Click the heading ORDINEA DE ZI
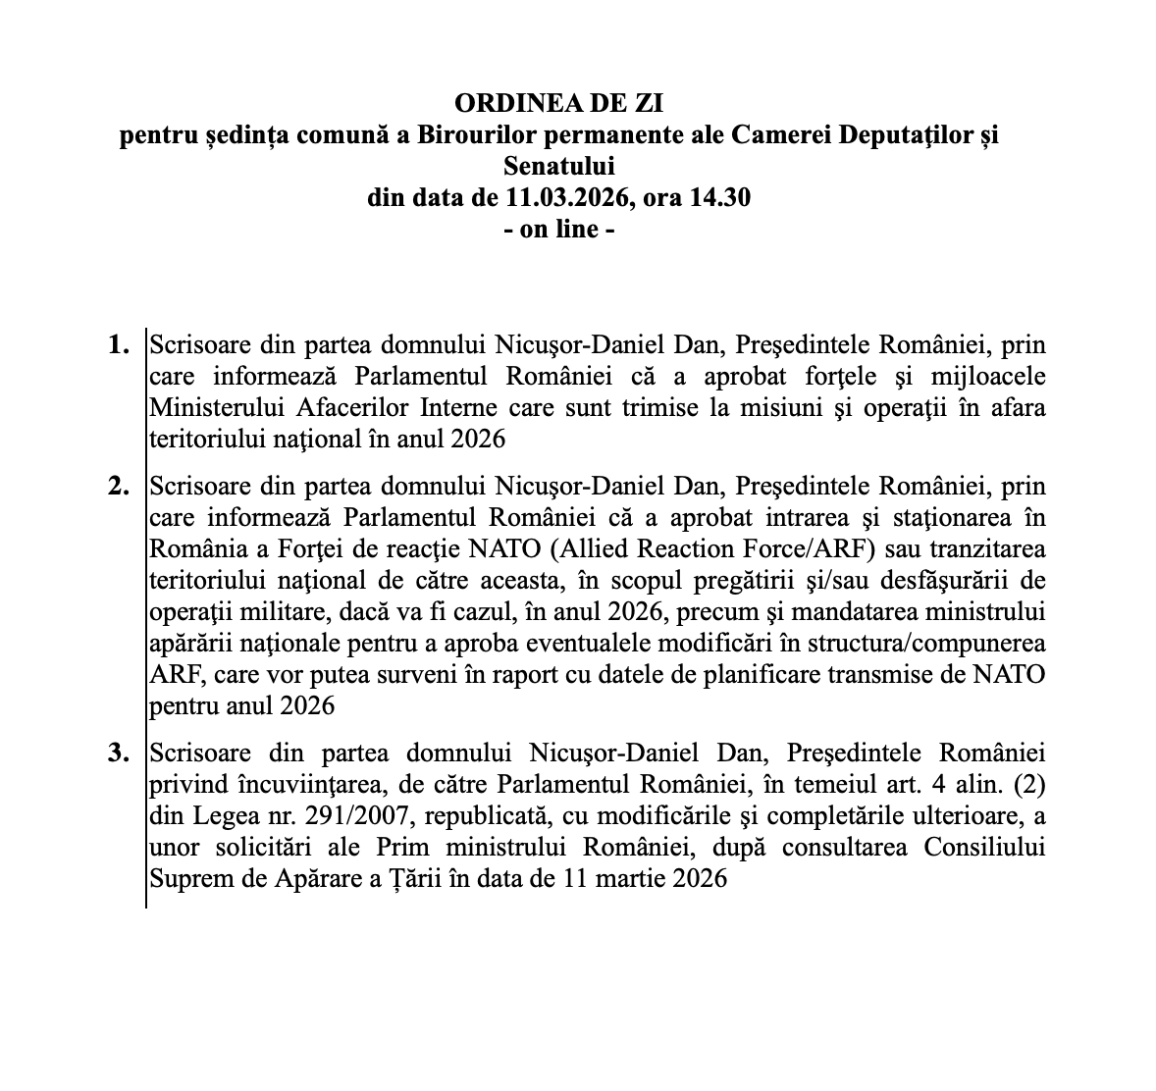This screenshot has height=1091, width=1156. pos(565,103)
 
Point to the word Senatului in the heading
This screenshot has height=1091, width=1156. pos(558,166)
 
